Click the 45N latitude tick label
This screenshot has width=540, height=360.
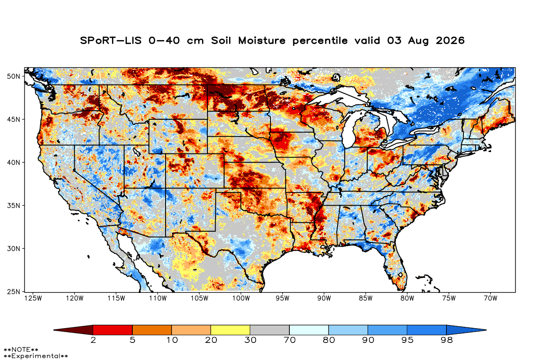coord(13,119)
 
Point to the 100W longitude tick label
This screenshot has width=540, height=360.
coord(241,298)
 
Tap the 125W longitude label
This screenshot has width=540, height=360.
coord(33,298)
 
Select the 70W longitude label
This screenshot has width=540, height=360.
coord(490,298)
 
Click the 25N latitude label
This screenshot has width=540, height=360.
coord(13,292)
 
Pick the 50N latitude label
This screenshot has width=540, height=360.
coord(13,76)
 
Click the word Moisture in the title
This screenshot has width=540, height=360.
coord(262,40)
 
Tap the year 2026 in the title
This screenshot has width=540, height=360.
coord(450,40)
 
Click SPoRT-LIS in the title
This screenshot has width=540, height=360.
coord(111,40)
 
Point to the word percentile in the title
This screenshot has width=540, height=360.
coord(320,41)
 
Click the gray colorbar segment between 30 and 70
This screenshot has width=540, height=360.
coord(270,330)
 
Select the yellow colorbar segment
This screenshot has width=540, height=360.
coord(230,330)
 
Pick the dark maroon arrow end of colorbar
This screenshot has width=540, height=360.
coord(73,330)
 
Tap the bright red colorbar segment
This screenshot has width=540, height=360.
coord(112,330)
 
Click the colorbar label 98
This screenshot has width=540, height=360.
coord(446,340)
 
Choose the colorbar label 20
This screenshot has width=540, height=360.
coord(211,340)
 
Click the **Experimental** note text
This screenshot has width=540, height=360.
coord(36,356)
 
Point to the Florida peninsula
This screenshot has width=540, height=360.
coord(396,268)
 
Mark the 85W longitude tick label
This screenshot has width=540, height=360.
coord(366,298)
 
